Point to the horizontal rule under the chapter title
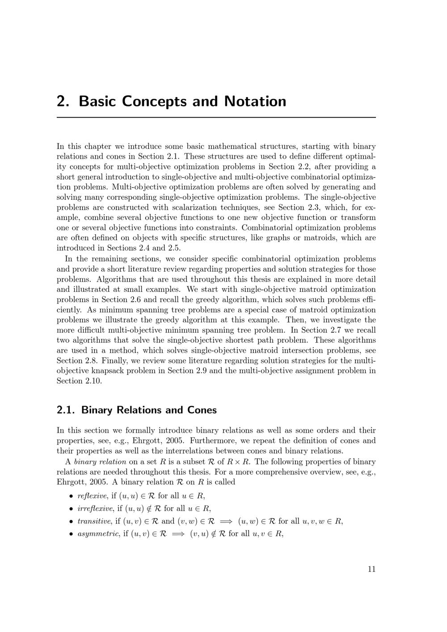click(216, 118)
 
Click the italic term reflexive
click(92, 496)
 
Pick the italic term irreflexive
click(95, 508)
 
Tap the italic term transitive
click(94, 521)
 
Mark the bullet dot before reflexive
click(71, 496)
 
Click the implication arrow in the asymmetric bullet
click(177, 534)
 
